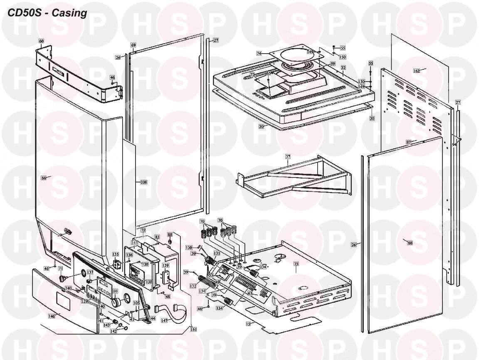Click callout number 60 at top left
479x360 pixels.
coord(41,41)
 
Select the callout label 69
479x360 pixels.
coord(133,45)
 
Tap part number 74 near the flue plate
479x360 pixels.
coord(259,54)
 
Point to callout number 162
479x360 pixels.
coord(417,71)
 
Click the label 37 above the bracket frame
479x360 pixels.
coord(287,157)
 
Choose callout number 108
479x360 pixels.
coord(144,182)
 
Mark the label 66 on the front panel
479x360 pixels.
coord(44,178)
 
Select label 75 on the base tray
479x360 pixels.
coord(296,264)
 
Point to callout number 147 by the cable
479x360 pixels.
coord(165,321)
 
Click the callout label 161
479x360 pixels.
coord(193,329)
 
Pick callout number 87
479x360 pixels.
coord(409,142)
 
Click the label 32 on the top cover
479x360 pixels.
coord(343,67)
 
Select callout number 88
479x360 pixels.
coord(170,235)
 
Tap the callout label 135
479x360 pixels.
coord(116,254)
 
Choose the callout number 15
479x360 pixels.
coord(248,323)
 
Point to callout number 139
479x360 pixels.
coord(165,265)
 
